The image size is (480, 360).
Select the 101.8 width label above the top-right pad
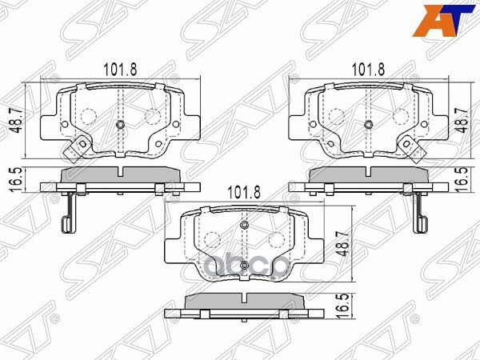pos(369,70)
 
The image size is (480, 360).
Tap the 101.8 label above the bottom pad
pos(245,192)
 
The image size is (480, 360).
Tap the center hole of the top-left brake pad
pos(119,124)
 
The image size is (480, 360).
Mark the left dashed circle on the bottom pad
pos(213,239)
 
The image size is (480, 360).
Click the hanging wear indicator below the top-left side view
pos(70,212)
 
